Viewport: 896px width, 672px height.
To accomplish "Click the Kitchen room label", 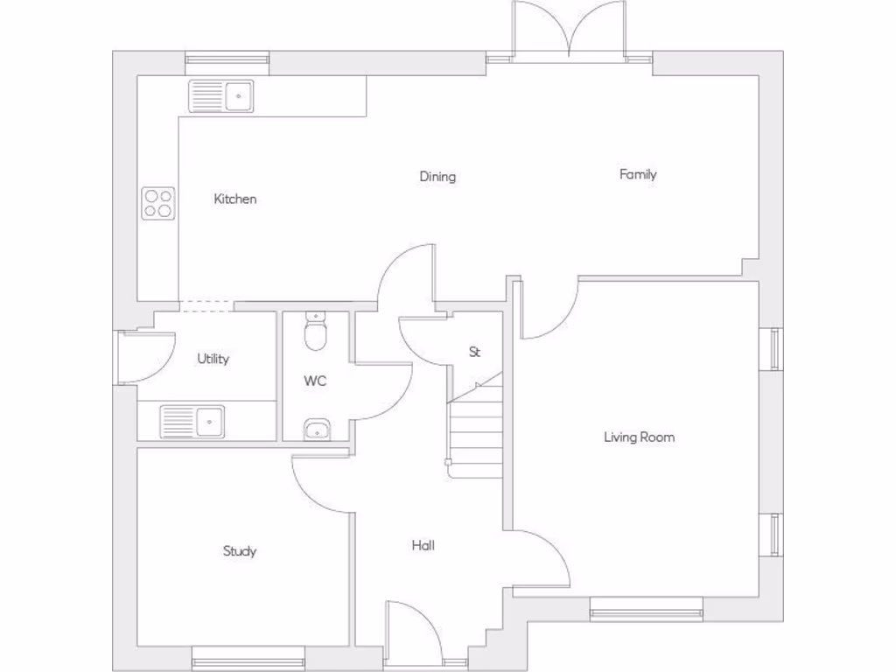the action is pos(235,199).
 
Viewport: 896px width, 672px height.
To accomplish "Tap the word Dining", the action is pos(437,177).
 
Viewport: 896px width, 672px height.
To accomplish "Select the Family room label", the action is pos(638,174).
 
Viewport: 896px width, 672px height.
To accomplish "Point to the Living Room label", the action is pos(639,437).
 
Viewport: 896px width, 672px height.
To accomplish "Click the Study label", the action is pos(239,551).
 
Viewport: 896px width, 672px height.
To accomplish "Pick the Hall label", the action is pos(423,546).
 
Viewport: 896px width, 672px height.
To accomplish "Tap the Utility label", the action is pos(213,359).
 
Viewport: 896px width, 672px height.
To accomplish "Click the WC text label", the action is pos(315,381).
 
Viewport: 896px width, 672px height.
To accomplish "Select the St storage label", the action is pos(475,353).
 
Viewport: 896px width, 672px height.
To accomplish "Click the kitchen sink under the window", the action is pos(220,96).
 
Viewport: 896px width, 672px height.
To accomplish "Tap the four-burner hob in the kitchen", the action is pos(158,203).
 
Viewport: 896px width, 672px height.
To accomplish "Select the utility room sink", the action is pos(192,421).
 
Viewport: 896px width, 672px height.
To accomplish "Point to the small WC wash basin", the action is pos(317,429).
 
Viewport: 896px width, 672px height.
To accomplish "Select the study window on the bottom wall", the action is pos(248,661).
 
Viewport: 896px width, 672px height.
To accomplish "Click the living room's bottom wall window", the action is pos(646,610).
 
